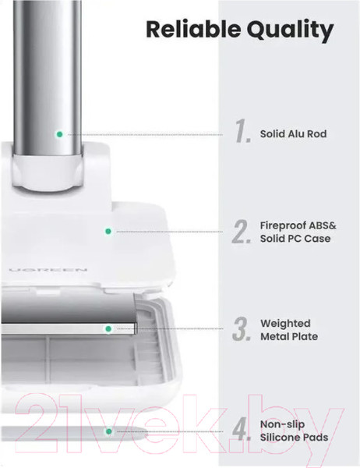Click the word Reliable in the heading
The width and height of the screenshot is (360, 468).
coord(193,30)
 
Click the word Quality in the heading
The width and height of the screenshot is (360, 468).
coord(290,31)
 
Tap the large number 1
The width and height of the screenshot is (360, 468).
coord(242,131)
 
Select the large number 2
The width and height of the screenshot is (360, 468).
coord(242,232)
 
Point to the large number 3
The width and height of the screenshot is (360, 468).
coord(242,329)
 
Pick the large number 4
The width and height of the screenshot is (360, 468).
coord(241,429)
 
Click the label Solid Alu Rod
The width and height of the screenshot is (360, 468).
coord(293,133)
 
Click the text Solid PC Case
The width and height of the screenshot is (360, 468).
coord(295,239)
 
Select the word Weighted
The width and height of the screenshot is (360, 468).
coord(285,324)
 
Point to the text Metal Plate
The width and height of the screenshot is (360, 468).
coord(289,336)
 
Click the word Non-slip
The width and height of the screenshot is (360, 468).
coord(282,424)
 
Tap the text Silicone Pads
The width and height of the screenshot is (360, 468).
coord(294,438)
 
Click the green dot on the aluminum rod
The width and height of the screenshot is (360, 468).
coord(60,134)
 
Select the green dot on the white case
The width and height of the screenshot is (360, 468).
coord(108,232)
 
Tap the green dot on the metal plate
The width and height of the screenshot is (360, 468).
coord(108,329)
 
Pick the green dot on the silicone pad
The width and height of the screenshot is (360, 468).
coord(108,431)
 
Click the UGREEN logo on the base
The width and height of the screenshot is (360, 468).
coord(48,270)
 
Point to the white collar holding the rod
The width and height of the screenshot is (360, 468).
coord(48,172)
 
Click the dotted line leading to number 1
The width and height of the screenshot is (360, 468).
coord(145,135)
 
